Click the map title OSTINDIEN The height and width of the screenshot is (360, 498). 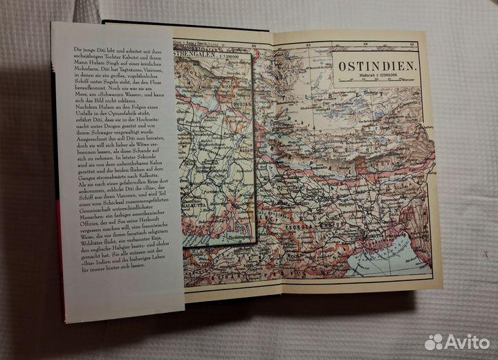click(375, 67)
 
